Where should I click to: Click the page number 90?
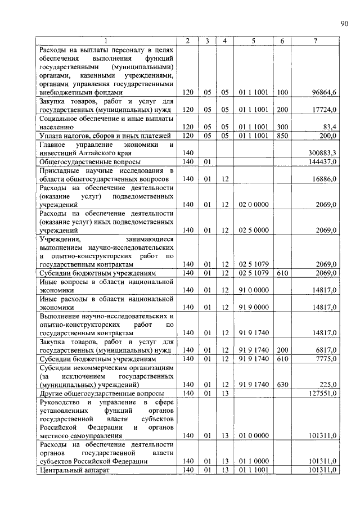point(344,23)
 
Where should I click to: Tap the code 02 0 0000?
point(253,205)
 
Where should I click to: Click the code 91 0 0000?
point(253,290)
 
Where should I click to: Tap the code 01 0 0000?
point(253,435)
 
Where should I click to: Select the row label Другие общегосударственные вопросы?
point(102,394)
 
